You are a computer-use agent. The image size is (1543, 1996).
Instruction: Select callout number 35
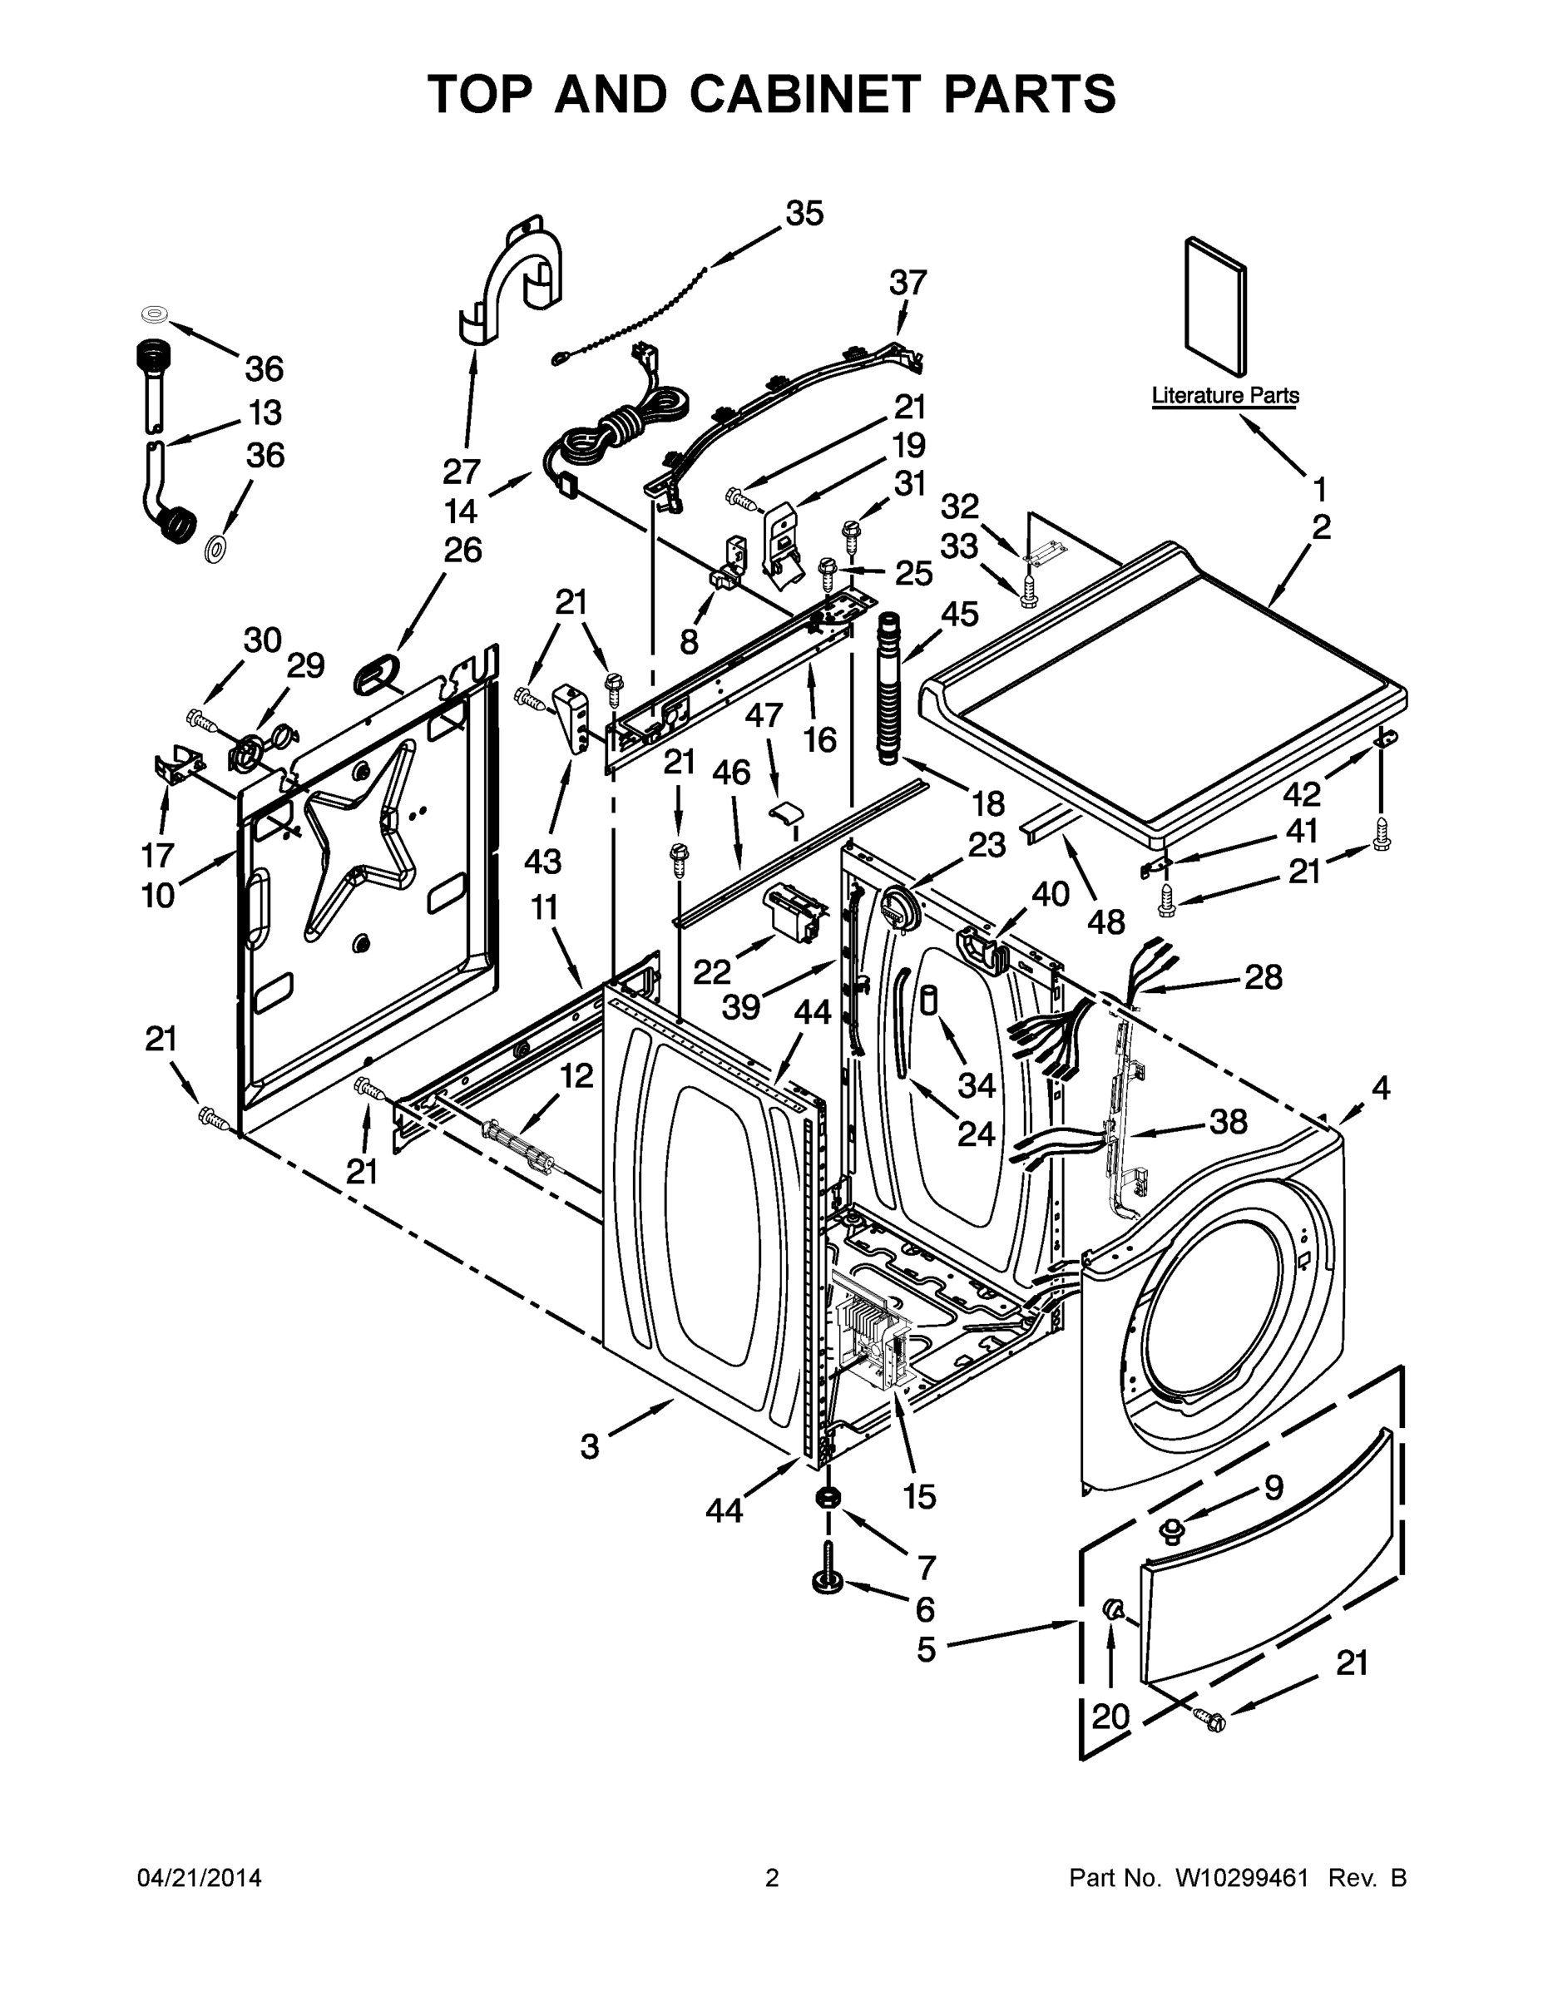tap(804, 213)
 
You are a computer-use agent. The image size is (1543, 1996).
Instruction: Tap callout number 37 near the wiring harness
tap(908, 283)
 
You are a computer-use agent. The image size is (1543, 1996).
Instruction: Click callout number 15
tap(918, 1496)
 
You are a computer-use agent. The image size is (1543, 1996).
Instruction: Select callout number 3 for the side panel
tap(590, 1447)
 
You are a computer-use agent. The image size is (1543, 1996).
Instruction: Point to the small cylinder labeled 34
tap(929, 1000)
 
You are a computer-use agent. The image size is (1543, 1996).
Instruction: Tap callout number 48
tap(1105, 921)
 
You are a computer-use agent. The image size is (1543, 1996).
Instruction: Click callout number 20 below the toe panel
tap(1110, 1717)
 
